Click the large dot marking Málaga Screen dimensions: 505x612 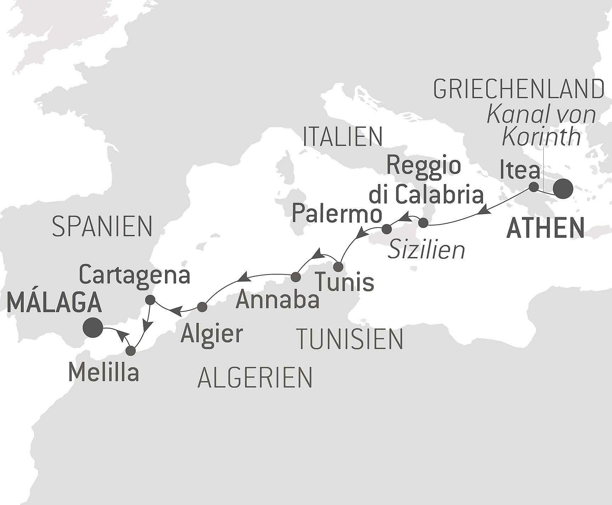93,327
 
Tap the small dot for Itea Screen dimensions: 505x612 533,187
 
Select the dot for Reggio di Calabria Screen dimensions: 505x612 423,223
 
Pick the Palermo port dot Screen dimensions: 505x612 387,229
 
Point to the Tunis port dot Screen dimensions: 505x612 338,266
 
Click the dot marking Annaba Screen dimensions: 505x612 296,277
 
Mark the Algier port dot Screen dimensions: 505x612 202,307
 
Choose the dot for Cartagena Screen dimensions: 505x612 150,300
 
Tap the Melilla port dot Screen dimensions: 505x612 131,351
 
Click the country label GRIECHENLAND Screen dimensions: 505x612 518,90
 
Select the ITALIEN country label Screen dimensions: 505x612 343,137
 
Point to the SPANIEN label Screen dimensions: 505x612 102,227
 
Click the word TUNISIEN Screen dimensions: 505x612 350,339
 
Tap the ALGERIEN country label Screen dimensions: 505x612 255,377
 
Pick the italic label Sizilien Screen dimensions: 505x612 426,250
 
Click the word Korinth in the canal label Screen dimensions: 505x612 541,137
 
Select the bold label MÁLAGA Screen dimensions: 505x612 54,303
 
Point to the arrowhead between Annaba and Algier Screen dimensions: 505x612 245,276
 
